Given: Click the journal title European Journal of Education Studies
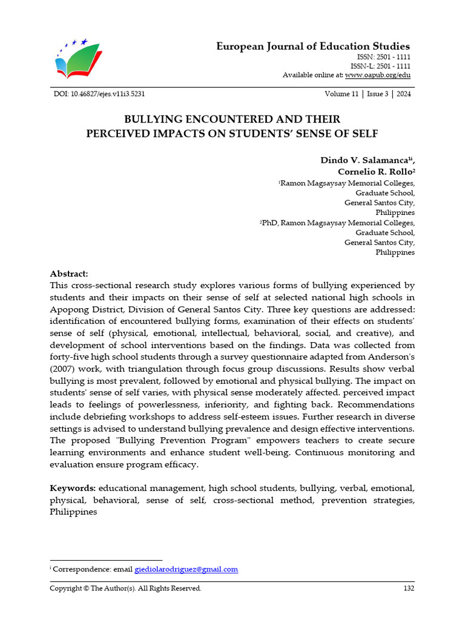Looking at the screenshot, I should click(313, 47).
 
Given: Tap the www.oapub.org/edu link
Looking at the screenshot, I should click(378, 75).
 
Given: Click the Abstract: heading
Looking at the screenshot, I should click(69, 274).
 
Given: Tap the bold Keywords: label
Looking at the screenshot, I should click(73, 488).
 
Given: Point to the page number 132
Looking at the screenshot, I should click(409, 589).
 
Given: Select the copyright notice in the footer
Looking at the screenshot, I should click(125, 589).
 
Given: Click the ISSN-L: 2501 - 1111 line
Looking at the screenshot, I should click(380, 66).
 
